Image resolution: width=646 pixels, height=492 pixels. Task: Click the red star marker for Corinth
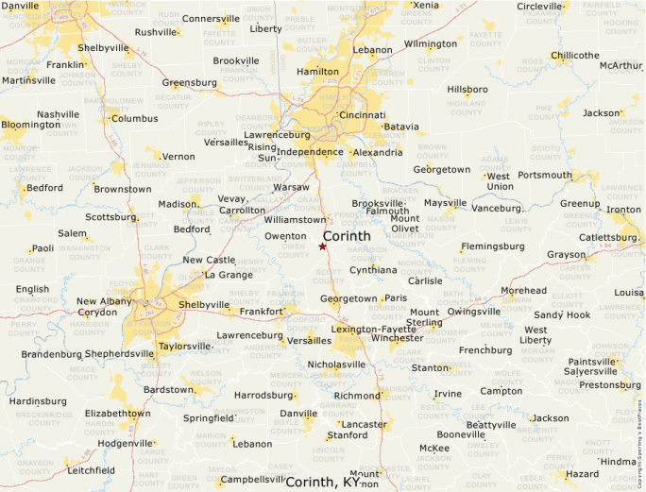pos(322,246)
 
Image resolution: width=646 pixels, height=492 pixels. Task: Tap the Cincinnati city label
pos(362,115)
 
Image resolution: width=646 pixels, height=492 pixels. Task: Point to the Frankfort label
pos(262,311)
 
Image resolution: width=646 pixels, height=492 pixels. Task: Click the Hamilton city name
pos(317,72)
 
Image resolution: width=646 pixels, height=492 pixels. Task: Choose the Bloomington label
pos(30,125)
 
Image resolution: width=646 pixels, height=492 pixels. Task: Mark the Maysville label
pos(445,203)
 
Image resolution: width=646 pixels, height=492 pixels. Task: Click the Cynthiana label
pos(373,270)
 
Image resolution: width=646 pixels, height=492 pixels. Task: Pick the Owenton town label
pos(285,236)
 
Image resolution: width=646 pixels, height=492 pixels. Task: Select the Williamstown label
pos(295,219)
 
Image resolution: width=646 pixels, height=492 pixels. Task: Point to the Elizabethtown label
pos(117,413)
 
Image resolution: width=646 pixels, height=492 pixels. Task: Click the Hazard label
pos(583,473)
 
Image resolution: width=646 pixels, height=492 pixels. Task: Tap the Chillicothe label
pos(575,56)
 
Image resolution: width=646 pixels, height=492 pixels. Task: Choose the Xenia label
pos(426,5)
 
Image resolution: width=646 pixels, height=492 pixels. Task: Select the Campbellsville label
pos(253,479)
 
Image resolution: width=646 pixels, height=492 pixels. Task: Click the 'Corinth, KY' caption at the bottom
pos(323,483)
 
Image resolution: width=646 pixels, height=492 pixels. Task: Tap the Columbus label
pos(135,119)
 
